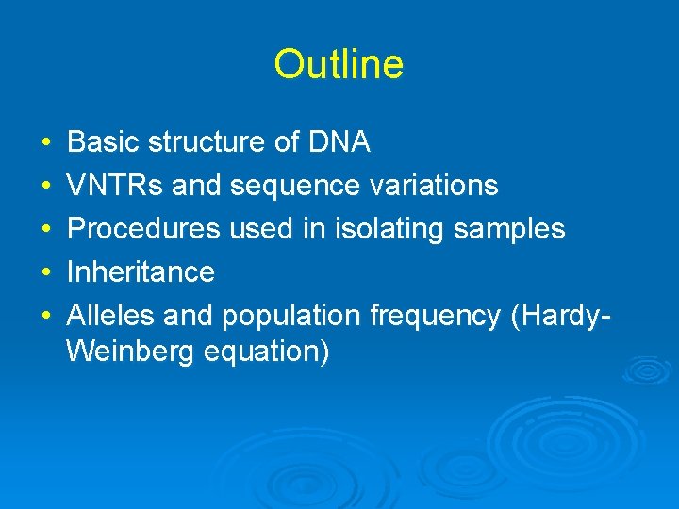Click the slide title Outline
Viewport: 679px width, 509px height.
pos(339,65)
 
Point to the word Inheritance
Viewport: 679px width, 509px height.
pos(141,272)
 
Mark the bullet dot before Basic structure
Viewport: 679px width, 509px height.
pos(46,143)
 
